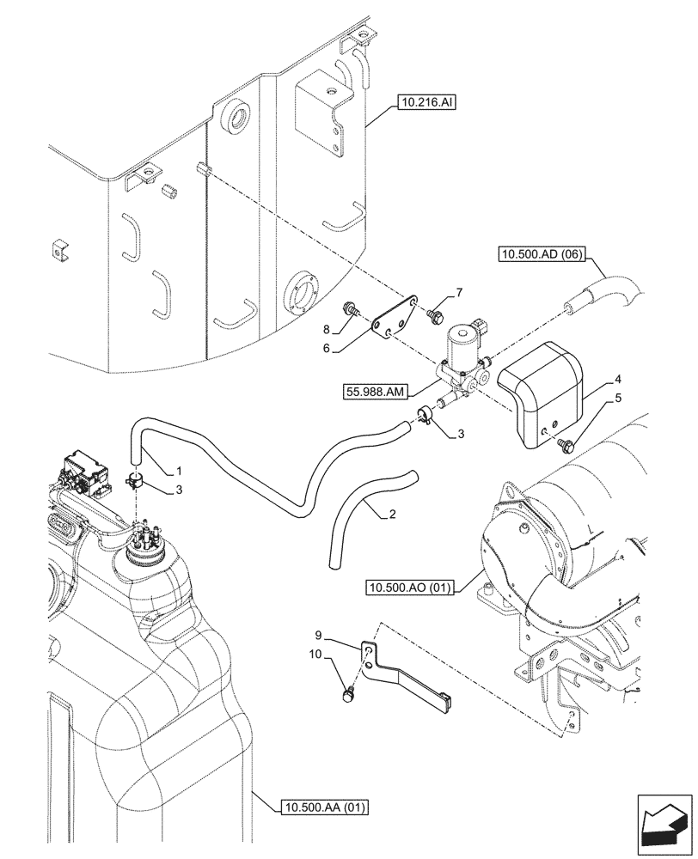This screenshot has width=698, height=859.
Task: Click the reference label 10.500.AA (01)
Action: click(324, 806)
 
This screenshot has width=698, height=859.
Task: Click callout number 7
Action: click(458, 293)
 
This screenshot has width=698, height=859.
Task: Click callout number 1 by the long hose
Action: click(179, 471)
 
